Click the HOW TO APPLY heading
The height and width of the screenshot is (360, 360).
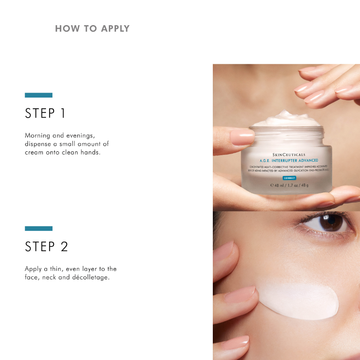pos(92,29)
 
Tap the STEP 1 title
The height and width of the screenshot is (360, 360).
pos(45,113)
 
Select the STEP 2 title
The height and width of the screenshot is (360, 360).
pos(46,246)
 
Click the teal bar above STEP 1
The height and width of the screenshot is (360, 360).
pos(38,95)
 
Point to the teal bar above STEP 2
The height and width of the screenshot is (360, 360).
pos(38,228)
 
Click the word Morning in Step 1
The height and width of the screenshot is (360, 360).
pos(37,136)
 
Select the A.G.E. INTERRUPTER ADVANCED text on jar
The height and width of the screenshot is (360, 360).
pos(289,160)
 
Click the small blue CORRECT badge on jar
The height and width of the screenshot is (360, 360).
pos(289,178)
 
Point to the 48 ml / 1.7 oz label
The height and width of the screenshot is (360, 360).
pos(290,185)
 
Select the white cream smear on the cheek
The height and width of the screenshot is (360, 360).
pos(302,300)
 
